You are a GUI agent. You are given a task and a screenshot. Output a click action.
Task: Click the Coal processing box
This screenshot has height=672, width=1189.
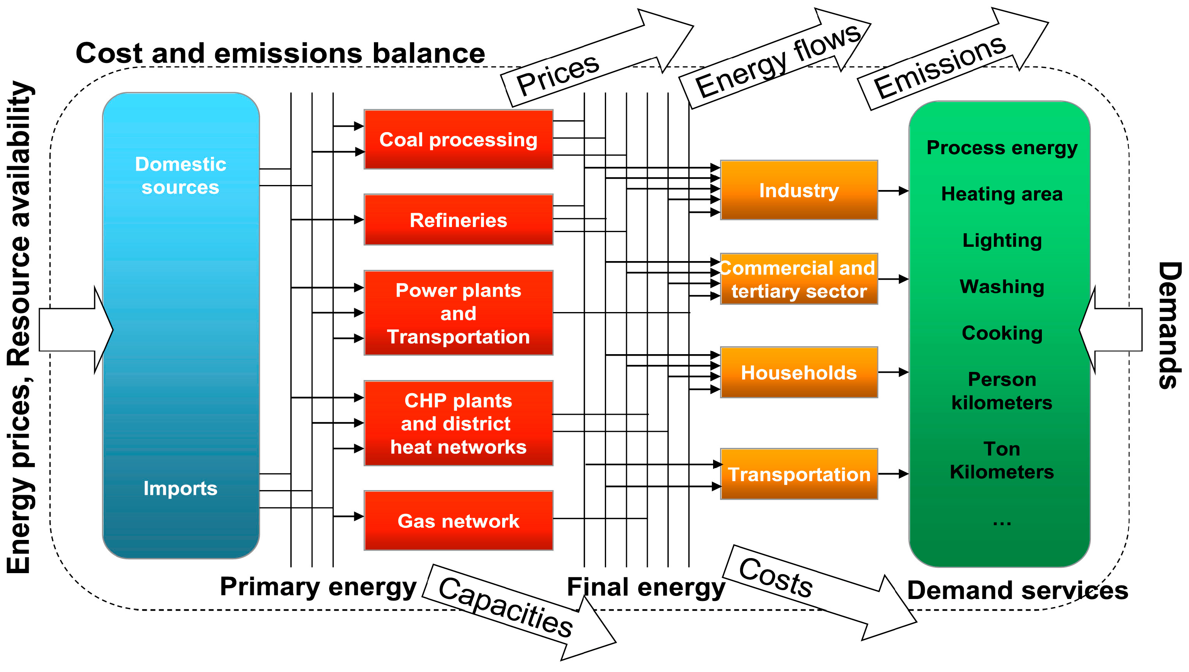[459, 139]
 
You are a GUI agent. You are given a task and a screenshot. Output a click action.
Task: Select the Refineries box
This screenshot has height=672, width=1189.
[459, 220]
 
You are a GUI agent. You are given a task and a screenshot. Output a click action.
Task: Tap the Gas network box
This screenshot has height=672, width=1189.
[459, 521]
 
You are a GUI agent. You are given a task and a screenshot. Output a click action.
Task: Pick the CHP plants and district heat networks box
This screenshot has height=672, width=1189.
[459, 423]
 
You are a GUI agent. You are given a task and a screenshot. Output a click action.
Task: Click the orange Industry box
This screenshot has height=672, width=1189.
[798, 190]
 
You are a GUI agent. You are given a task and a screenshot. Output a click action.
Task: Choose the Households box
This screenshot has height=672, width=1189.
[798, 372]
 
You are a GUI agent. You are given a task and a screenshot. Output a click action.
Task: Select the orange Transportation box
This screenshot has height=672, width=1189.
[798, 474]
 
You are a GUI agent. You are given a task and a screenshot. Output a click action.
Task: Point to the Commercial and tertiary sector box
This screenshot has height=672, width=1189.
[798, 279]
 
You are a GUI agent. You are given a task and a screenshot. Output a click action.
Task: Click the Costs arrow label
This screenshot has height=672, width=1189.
[775, 577]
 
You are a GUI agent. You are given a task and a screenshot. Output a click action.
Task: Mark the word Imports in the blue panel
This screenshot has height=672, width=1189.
[180, 488]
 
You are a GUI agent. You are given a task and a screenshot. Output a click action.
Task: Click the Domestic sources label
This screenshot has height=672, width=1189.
[180, 176]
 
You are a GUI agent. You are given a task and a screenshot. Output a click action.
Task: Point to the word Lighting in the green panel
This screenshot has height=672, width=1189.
[1002, 241]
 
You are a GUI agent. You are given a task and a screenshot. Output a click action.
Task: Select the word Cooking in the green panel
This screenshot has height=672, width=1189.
[1002, 333]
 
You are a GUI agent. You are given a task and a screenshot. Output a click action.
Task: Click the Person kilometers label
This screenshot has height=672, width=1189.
[1002, 391]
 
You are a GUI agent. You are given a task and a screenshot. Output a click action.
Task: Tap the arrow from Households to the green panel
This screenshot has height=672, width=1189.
[893, 372]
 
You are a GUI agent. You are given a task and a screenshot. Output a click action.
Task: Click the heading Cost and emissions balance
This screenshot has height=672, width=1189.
[280, 53]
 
